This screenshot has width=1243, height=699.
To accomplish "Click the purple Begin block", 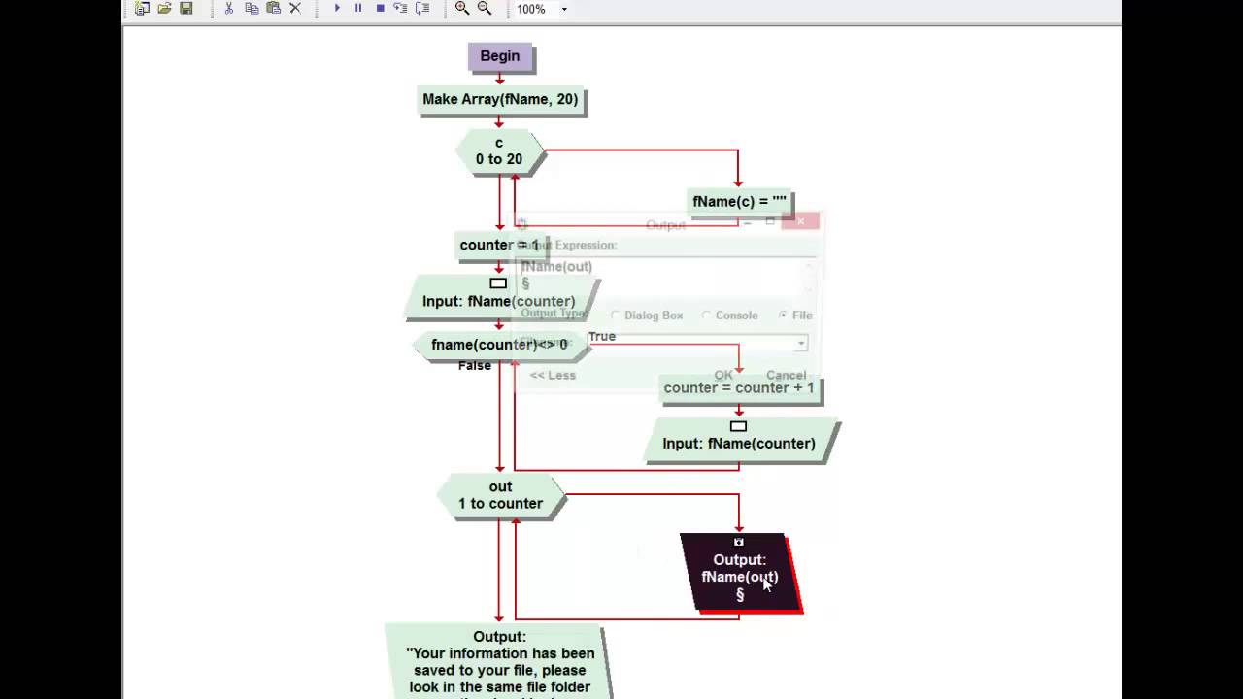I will (499, 56).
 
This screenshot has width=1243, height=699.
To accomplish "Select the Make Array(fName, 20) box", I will (500, 99).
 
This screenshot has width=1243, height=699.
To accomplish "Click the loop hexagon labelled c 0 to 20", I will (499, 151).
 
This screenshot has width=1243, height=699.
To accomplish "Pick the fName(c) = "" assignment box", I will (739, 202).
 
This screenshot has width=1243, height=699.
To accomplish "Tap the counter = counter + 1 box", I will (739, 388).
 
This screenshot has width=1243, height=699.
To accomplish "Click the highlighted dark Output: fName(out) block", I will (740, 574).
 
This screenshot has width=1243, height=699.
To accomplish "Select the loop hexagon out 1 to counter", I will (500, 495).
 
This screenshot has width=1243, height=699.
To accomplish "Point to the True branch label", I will (602, 336).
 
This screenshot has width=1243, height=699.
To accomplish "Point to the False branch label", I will (475, 366).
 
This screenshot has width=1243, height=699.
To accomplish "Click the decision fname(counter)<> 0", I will (499, 345).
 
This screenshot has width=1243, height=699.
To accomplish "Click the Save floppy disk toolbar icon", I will (186, 9).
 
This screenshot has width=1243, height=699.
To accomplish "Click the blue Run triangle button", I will (337, 9).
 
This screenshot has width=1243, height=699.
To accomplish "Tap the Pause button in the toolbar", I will (358, 9).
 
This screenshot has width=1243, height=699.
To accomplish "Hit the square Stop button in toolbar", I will (380, 9).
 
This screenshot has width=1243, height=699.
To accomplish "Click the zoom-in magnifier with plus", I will (462, 9).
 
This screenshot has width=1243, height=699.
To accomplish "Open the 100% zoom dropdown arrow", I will (564, 10).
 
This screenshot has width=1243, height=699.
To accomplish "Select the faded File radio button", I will (783, 316).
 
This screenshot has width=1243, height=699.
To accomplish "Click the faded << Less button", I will (553, 376).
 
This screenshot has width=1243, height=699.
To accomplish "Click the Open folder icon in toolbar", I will (164, 9).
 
